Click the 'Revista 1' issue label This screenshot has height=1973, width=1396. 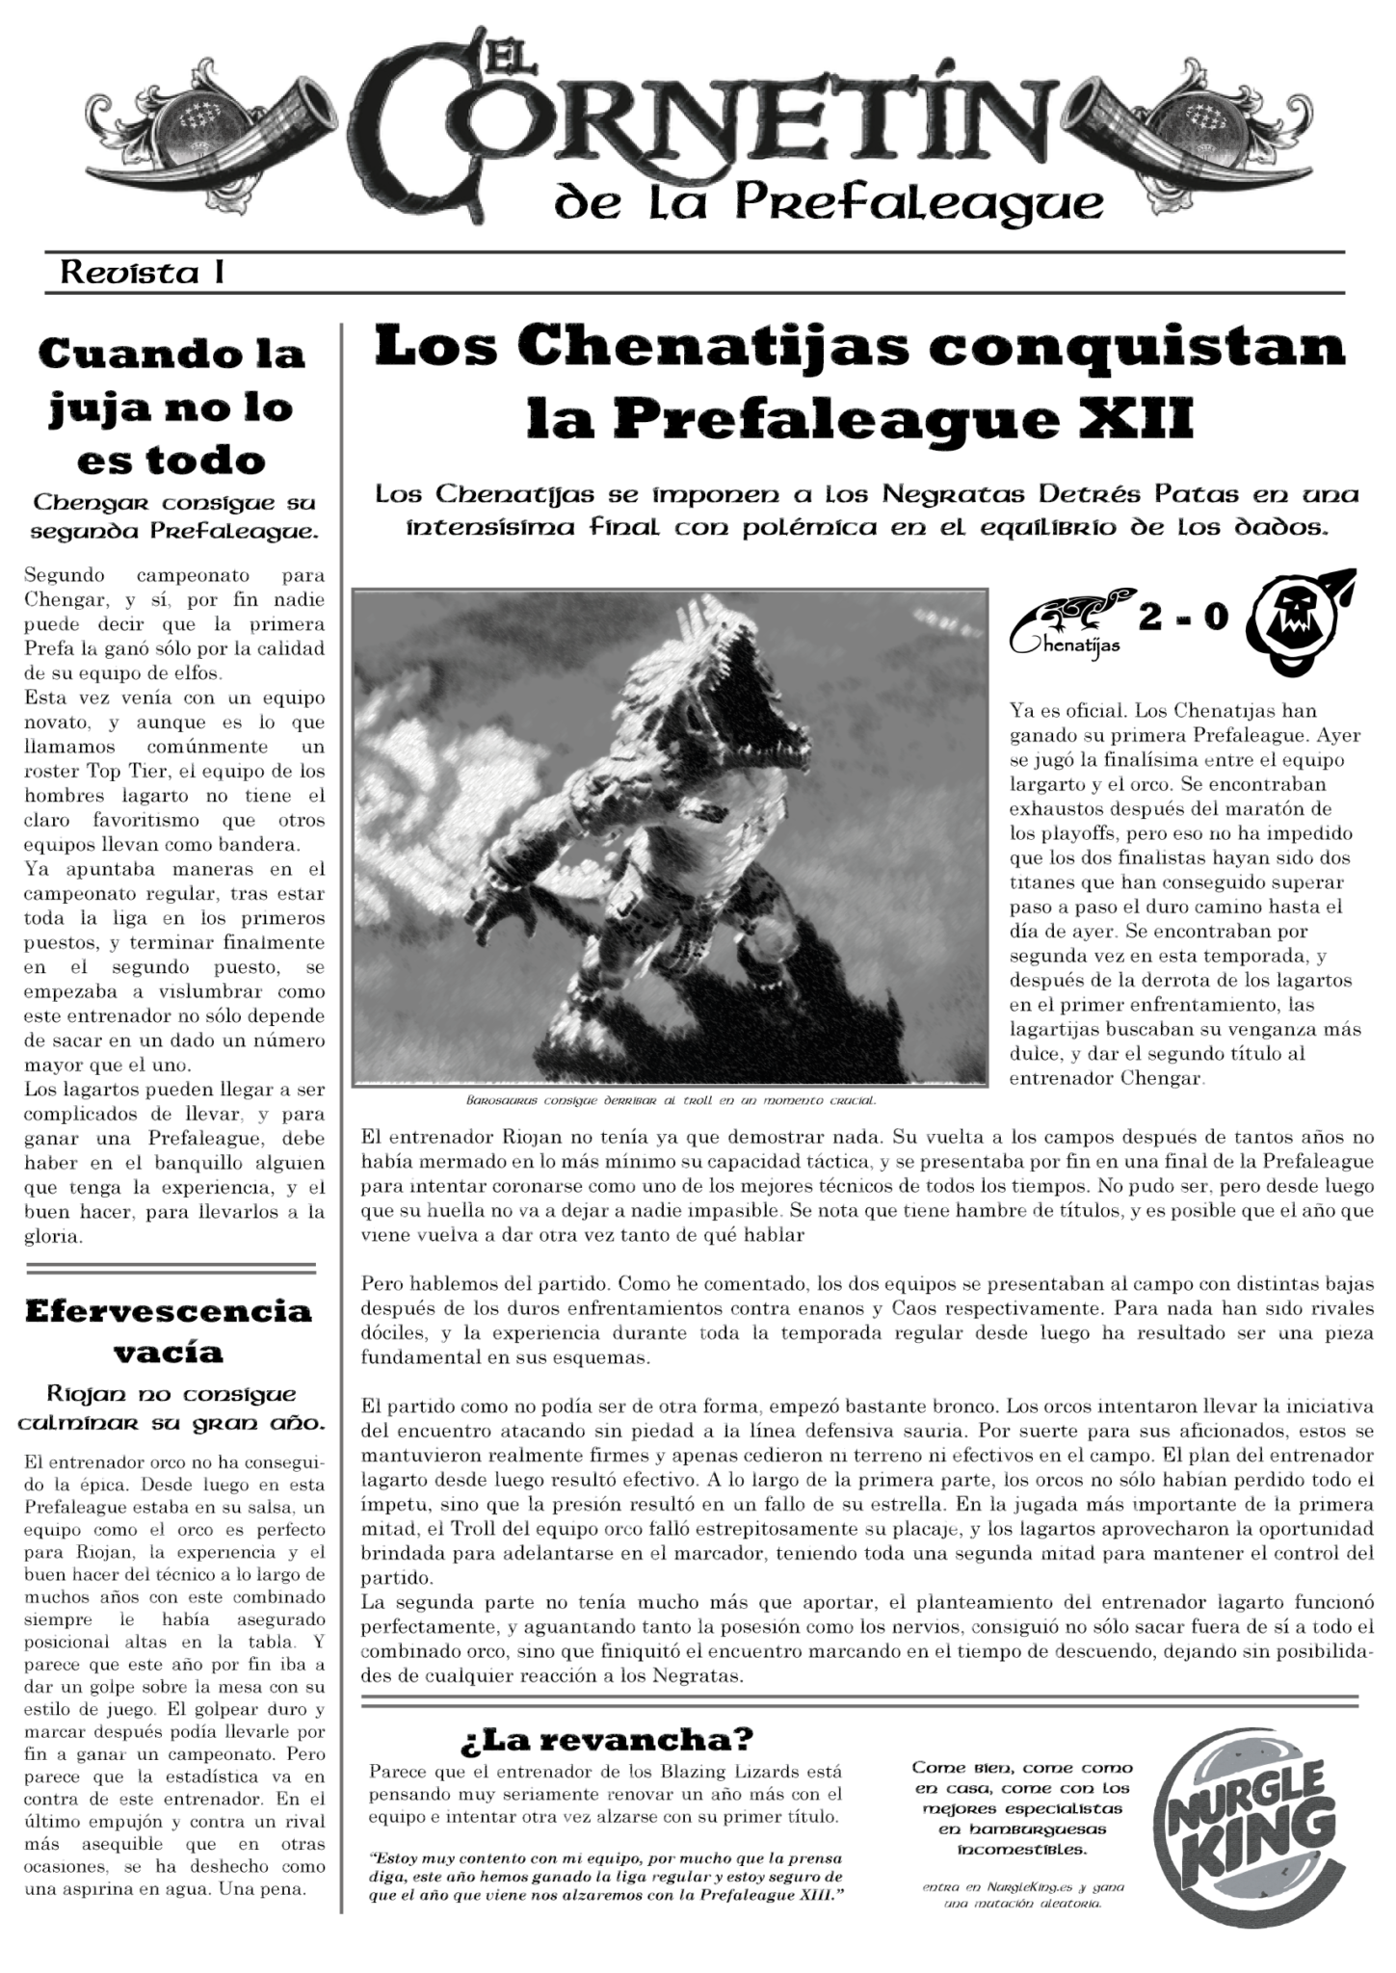coord(143,273)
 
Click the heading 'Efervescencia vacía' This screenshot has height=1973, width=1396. coord(170,1331)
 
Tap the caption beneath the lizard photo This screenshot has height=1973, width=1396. coord(671,1099)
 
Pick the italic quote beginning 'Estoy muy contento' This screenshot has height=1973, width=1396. coord(606,1878)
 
